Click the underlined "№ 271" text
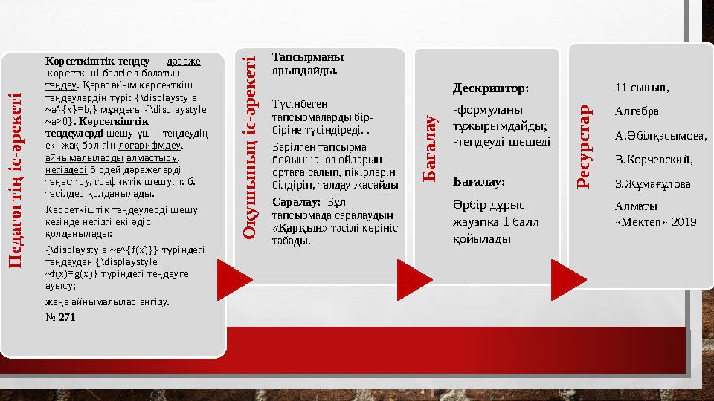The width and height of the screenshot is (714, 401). (60, 317)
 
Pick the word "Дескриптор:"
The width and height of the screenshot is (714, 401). (491, 88)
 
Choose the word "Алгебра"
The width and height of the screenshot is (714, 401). (637, 111)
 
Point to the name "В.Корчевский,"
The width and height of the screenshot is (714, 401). (654, 159)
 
